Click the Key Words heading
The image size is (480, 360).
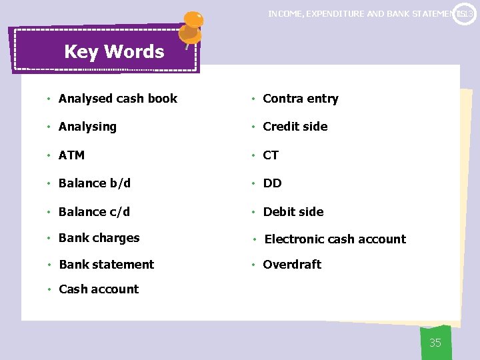(114, 51)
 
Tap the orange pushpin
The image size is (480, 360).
(192, 25)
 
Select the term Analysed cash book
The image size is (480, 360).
(117, 99)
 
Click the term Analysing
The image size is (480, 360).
(87, 127)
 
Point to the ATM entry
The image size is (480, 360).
(71, 155)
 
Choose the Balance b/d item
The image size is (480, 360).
(95, 183)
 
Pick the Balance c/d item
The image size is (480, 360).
(94, 212)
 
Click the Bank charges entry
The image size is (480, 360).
(99, 238)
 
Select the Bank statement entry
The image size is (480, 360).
(106, 265)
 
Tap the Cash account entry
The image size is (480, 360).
(99, 289)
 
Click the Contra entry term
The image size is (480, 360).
(301, 99)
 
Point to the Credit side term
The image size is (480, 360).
(295, 127)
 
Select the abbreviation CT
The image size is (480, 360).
(271, 155)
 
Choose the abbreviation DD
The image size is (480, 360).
(272, 183)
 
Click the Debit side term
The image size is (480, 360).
(293, 212)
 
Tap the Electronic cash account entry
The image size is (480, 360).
(335, 239)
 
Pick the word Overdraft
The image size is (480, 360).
(292, 265)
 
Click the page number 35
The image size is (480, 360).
(435, 343)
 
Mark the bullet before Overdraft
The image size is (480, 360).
(253, 265)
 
